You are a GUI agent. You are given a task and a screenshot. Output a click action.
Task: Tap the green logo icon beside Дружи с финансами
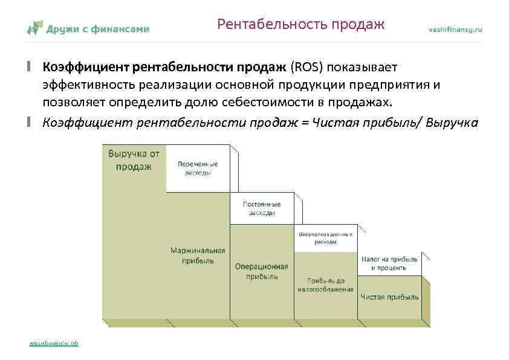pyautogui.click(x=35, y=28)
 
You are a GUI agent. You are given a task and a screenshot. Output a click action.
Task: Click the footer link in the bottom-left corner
pyautogui.click(x=54, y=343)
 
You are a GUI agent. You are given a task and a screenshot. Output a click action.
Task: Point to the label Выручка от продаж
pyautogui.click(x=134, y=160)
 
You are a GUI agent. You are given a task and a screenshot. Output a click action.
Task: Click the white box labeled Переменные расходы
pyautogui.click(x=198, y=168)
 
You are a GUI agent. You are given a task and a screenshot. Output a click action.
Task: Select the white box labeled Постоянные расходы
pyautogui.click(x=262, y=208)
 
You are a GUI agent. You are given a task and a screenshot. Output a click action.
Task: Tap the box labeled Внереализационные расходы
pyautogui.click(x=325, y=237)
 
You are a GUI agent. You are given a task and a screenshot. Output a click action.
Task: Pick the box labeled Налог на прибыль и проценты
pyautogui.click(x=389, y=263)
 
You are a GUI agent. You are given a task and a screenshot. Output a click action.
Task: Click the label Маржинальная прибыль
pyautogui.click(x=198, y=256)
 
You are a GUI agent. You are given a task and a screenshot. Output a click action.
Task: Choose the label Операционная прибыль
pyautogui.click(x=262, y=271)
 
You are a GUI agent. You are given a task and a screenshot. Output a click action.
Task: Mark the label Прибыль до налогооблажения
pyautogui.click(x=325, y=284)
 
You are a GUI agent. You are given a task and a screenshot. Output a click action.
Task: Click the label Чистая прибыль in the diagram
pyautogui.click(x=389, y=297)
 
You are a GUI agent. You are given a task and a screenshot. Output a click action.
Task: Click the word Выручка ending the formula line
pyautogui.click(x=452, y=123)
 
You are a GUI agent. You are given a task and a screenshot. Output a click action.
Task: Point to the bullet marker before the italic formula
pyautogui.click(x=28, y=123)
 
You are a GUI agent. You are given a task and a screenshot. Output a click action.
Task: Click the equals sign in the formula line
pyautogui.click(x=305, y=123)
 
